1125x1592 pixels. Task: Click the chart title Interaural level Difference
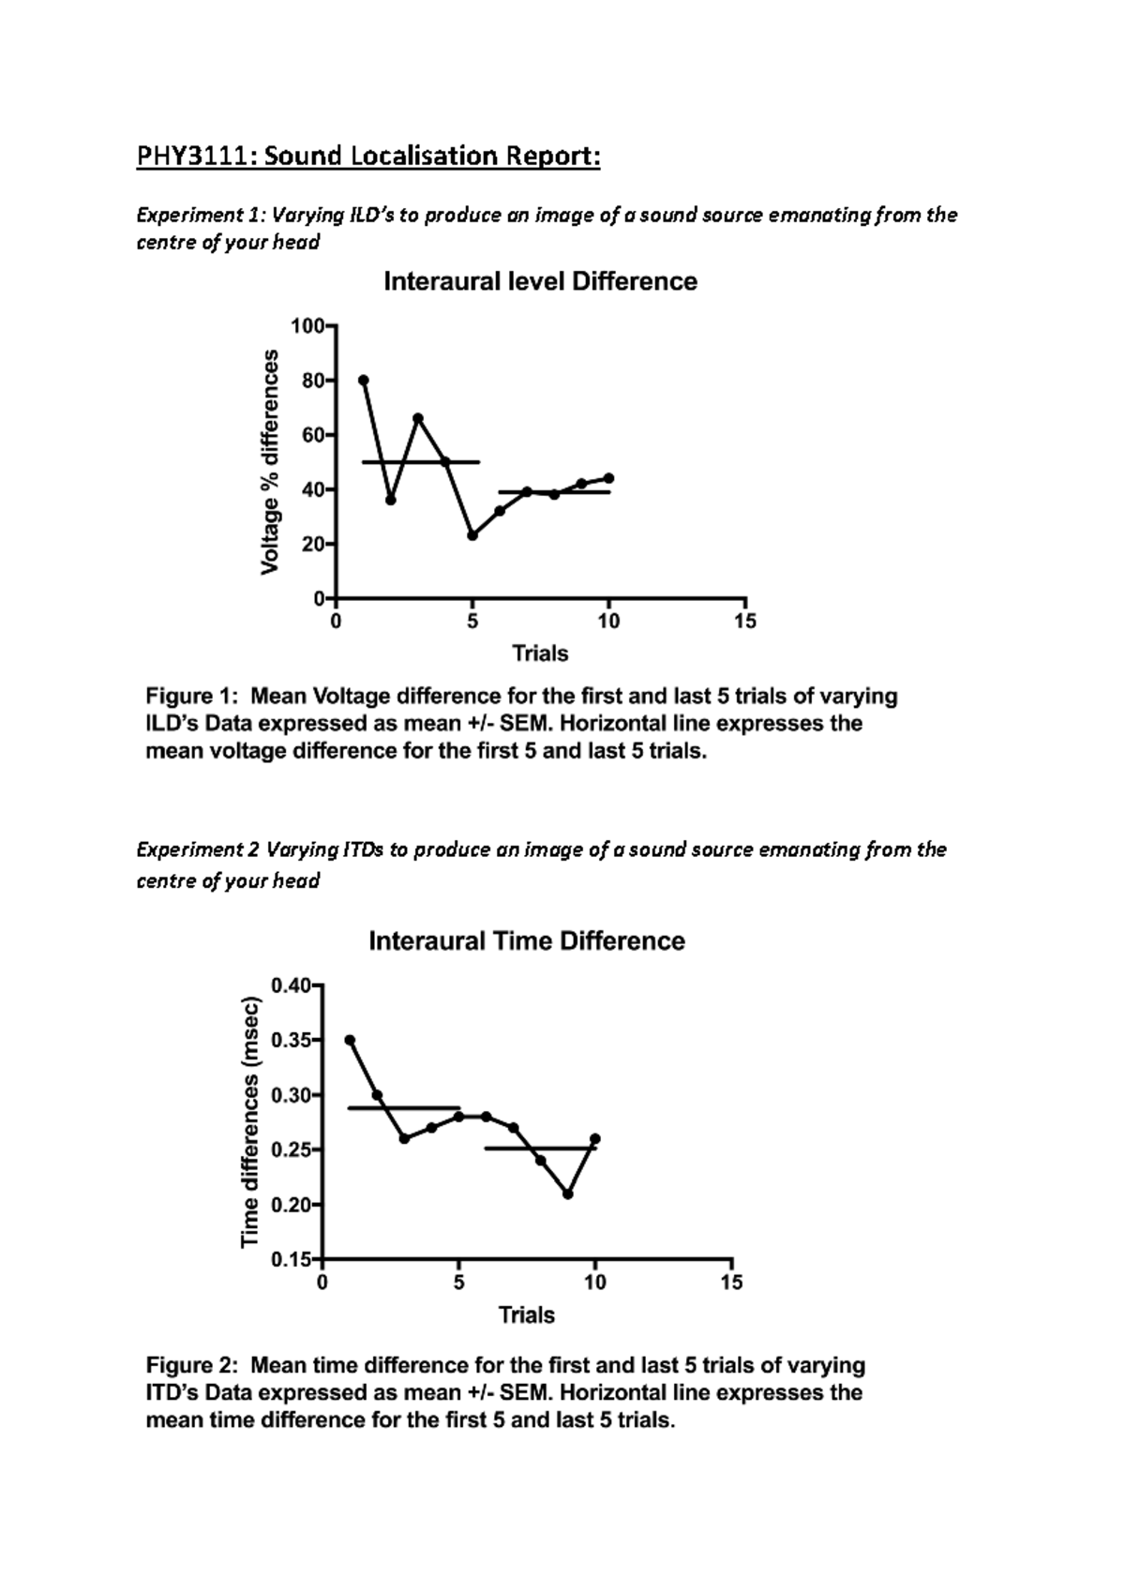pos(540,282)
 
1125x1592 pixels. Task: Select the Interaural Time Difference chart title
pos(526,941)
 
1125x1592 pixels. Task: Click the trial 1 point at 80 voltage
pos(364,380)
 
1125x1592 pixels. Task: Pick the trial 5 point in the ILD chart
pos(472,535)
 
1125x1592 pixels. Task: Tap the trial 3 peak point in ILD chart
pos(418,418)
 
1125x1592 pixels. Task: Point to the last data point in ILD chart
pos(609,478)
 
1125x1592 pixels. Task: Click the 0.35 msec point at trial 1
pos(350,1040)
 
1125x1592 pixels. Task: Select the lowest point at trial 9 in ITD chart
pos(568,1194)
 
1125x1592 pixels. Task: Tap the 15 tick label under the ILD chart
pos(744,622)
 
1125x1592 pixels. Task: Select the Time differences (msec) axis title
pos(250,1121)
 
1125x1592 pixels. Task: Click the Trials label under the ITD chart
pos(526,1315)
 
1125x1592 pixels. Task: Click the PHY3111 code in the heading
pos(194,156)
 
